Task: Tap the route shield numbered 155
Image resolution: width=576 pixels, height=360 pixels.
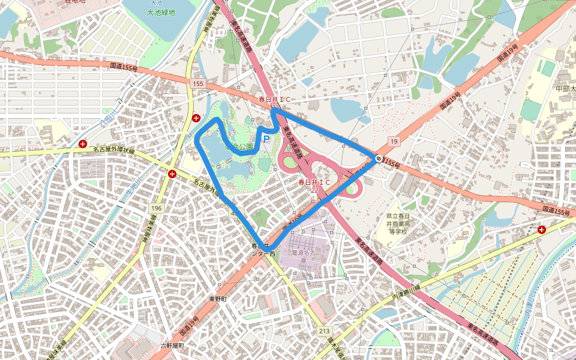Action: [199, 84]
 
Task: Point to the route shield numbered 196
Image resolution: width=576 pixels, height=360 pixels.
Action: [157, 208]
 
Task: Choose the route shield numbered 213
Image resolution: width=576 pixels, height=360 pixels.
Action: [325, 331]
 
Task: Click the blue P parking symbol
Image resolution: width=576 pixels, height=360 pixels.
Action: [266, 139]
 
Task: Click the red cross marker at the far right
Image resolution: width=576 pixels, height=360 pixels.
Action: [542, 229]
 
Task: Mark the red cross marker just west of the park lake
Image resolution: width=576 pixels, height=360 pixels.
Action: [196, 118]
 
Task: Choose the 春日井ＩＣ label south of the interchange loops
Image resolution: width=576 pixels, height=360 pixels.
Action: [314, 181]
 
